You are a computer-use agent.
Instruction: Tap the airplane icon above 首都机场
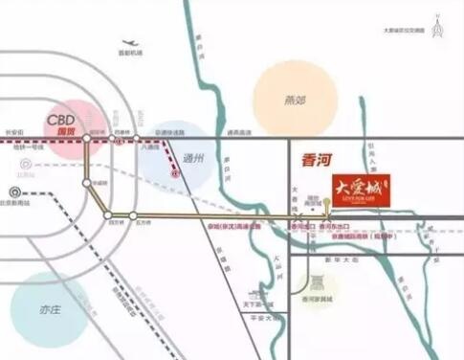129,43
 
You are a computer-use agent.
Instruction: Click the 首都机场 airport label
131,54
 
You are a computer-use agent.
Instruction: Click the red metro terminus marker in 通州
174,174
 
